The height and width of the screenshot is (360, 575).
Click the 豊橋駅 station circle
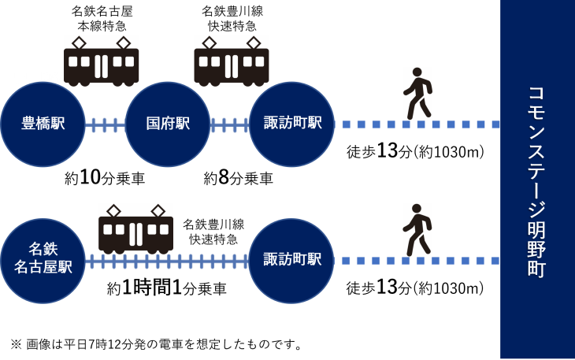[43, 124]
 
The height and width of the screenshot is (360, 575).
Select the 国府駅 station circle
[168, 124]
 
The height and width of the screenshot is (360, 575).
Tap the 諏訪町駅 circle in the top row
[292, 124]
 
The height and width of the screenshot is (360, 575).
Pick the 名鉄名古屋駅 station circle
[43, 261]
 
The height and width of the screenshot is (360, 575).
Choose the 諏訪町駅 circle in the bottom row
[292, 261]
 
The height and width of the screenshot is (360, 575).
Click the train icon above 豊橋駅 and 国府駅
[102, 61]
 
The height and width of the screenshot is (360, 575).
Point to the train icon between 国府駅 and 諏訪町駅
[232, 61]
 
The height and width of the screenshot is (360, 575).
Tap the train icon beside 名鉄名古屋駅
[135, 229]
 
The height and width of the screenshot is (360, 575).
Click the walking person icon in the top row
[417, 94]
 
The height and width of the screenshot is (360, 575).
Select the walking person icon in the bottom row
[417, 230]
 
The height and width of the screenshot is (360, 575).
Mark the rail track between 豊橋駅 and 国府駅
[105, 124]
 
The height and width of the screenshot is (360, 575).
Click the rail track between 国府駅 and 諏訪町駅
[230, 124]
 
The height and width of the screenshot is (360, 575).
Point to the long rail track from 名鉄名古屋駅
[167, 261]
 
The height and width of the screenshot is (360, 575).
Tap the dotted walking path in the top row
[417, 124]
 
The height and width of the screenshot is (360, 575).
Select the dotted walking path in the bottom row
[417, 261]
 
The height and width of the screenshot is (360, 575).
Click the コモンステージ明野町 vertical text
[536, 181]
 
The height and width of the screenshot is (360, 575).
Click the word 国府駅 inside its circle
[168, 124]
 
